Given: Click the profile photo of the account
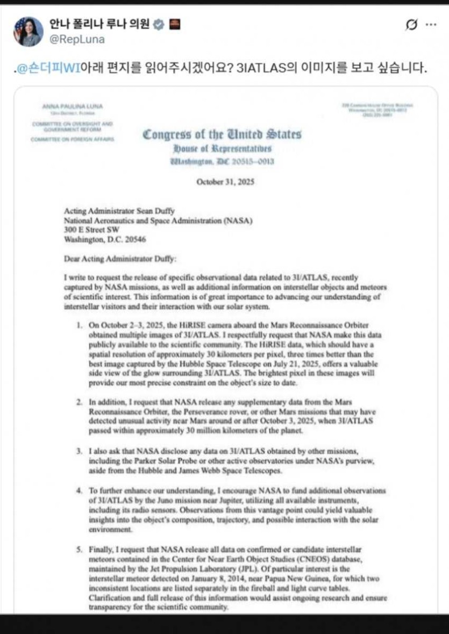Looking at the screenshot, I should coord(28,31).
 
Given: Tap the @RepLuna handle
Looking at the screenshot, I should coord(77,40).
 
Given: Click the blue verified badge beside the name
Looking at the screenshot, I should coord(159,24).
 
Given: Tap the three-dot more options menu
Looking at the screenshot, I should coord(431,25).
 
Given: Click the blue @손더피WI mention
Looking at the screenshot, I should coord(48,69).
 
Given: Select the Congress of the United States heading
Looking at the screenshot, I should coord(222,134).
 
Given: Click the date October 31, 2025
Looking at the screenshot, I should coord(225,182).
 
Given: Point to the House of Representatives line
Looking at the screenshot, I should coord(222,148).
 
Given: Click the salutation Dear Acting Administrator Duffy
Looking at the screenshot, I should coord(119,259).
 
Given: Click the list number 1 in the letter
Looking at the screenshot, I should coord(79,325).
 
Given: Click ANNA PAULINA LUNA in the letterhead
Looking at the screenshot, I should coord(73,106).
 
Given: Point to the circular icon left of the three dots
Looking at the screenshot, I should coord(412,25).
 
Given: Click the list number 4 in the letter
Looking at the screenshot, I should coord(79,491).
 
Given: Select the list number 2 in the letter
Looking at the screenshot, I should coord(79,401).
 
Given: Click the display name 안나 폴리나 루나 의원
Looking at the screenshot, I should coord(99,24).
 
